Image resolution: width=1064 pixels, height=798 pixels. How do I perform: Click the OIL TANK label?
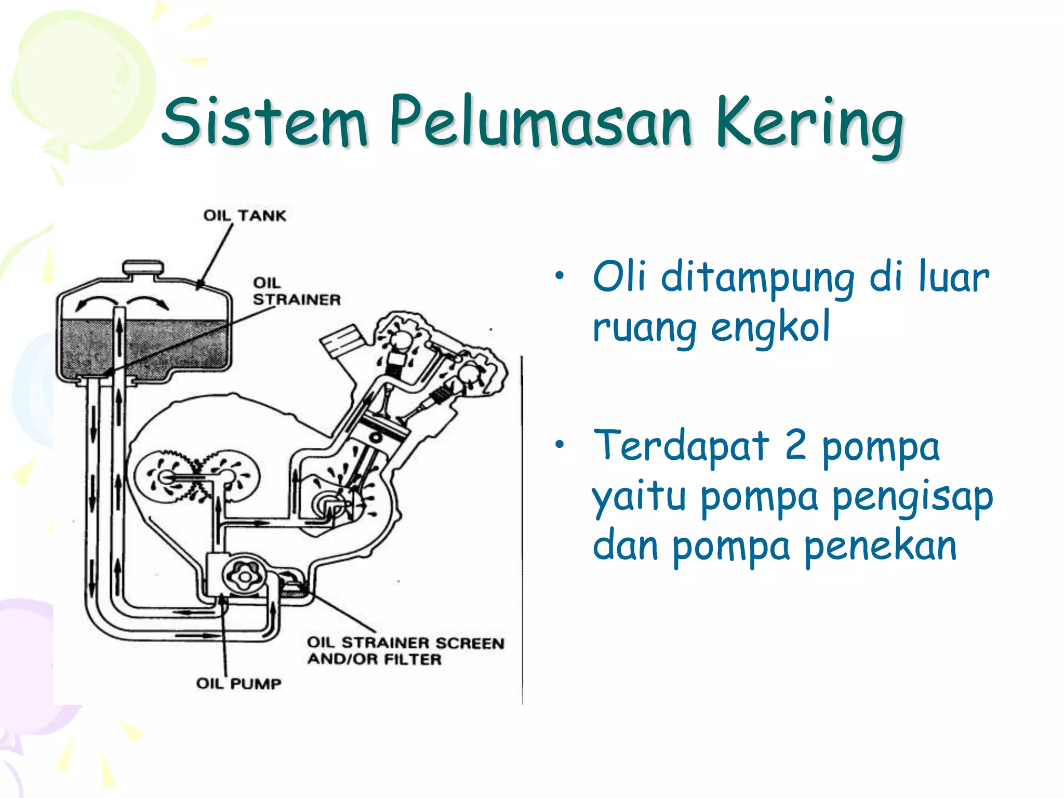(245, 216)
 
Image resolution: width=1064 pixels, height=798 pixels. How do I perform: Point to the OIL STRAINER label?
(296, 291)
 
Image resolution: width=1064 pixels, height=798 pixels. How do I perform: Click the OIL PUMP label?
(238, 683)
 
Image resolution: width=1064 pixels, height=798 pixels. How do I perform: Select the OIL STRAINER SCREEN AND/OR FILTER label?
(405, 651)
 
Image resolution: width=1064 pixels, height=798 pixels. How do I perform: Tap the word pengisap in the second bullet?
(913, 497)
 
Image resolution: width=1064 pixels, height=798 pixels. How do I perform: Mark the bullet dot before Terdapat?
(559, 445)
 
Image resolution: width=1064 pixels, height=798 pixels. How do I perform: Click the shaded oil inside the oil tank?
(171, 348)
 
